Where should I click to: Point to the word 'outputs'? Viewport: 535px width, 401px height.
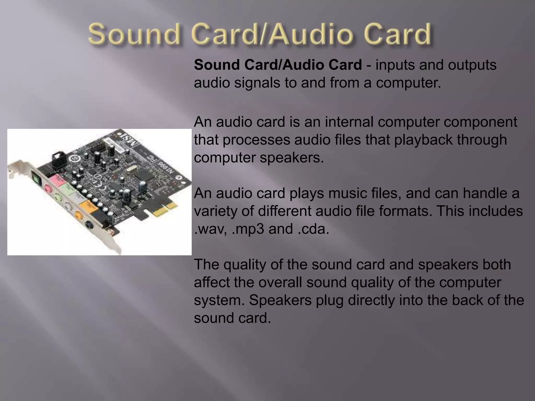tap(472, 65)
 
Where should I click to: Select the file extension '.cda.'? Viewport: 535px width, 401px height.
tap(313, 229)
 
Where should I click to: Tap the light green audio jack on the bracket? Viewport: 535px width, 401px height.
tap(58, 196)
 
